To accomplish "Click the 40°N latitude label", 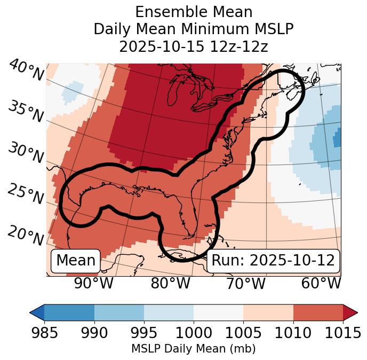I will tap(26, 71).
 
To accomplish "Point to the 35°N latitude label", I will tap(26, 111).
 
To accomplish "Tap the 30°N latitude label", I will tap(26, 153).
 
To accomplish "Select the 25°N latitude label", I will tap(26, 194).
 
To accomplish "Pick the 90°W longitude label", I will tap(93, 283).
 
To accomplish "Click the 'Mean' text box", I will tap(76, 261).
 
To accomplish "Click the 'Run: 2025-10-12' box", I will tap(273, 261).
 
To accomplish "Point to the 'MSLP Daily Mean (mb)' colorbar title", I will tap(193, 349).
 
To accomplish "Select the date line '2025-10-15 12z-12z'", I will tap(193, 46).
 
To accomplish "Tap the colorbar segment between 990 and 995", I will tap(119, 312).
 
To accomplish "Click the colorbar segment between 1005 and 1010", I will tap(268, 312).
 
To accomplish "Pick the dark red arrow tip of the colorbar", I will tap(350, 312).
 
